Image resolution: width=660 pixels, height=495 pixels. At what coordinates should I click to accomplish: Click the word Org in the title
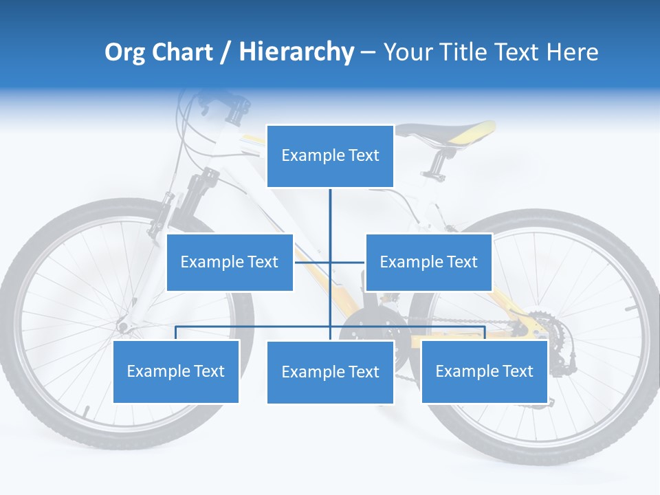(124, 52)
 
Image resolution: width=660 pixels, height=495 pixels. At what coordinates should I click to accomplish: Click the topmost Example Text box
(330, 155)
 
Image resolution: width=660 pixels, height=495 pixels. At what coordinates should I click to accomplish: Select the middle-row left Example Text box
(230, 262)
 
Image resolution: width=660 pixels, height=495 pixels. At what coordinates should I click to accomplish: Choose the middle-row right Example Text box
(428, 262)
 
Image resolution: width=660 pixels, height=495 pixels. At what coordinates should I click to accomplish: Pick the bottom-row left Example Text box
(176, 371)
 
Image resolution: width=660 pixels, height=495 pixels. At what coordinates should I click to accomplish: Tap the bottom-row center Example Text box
(330, 372)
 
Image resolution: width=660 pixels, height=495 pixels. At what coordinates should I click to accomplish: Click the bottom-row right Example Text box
(484, 371)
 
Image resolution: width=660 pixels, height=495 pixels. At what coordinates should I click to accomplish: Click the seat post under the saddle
(436, 162)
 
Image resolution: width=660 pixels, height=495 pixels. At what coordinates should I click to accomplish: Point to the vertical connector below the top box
(330, 213)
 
